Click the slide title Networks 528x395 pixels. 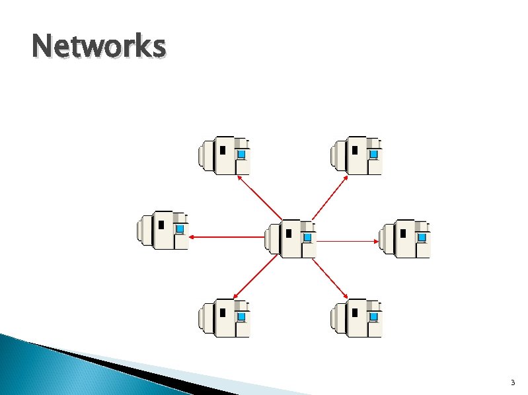coord(98,48)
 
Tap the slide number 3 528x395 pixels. coord(512,383)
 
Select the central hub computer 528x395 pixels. coord(290,238)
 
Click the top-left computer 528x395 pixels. coord(224,157)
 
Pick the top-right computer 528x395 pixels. coord(356,157)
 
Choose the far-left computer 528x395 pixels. coord(163,231)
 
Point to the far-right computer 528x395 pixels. coord(404,238)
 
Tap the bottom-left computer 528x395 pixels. coord(224,318)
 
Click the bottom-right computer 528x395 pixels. coord(356,318)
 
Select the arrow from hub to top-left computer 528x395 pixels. coord(259,197)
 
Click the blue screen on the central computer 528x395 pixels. coord(307,236)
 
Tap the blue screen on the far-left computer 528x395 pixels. coord(179,229)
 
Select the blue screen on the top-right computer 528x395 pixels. coord(373,154)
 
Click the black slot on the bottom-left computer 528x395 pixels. coord(223,312)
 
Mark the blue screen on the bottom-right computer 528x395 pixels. coord(373,316)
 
